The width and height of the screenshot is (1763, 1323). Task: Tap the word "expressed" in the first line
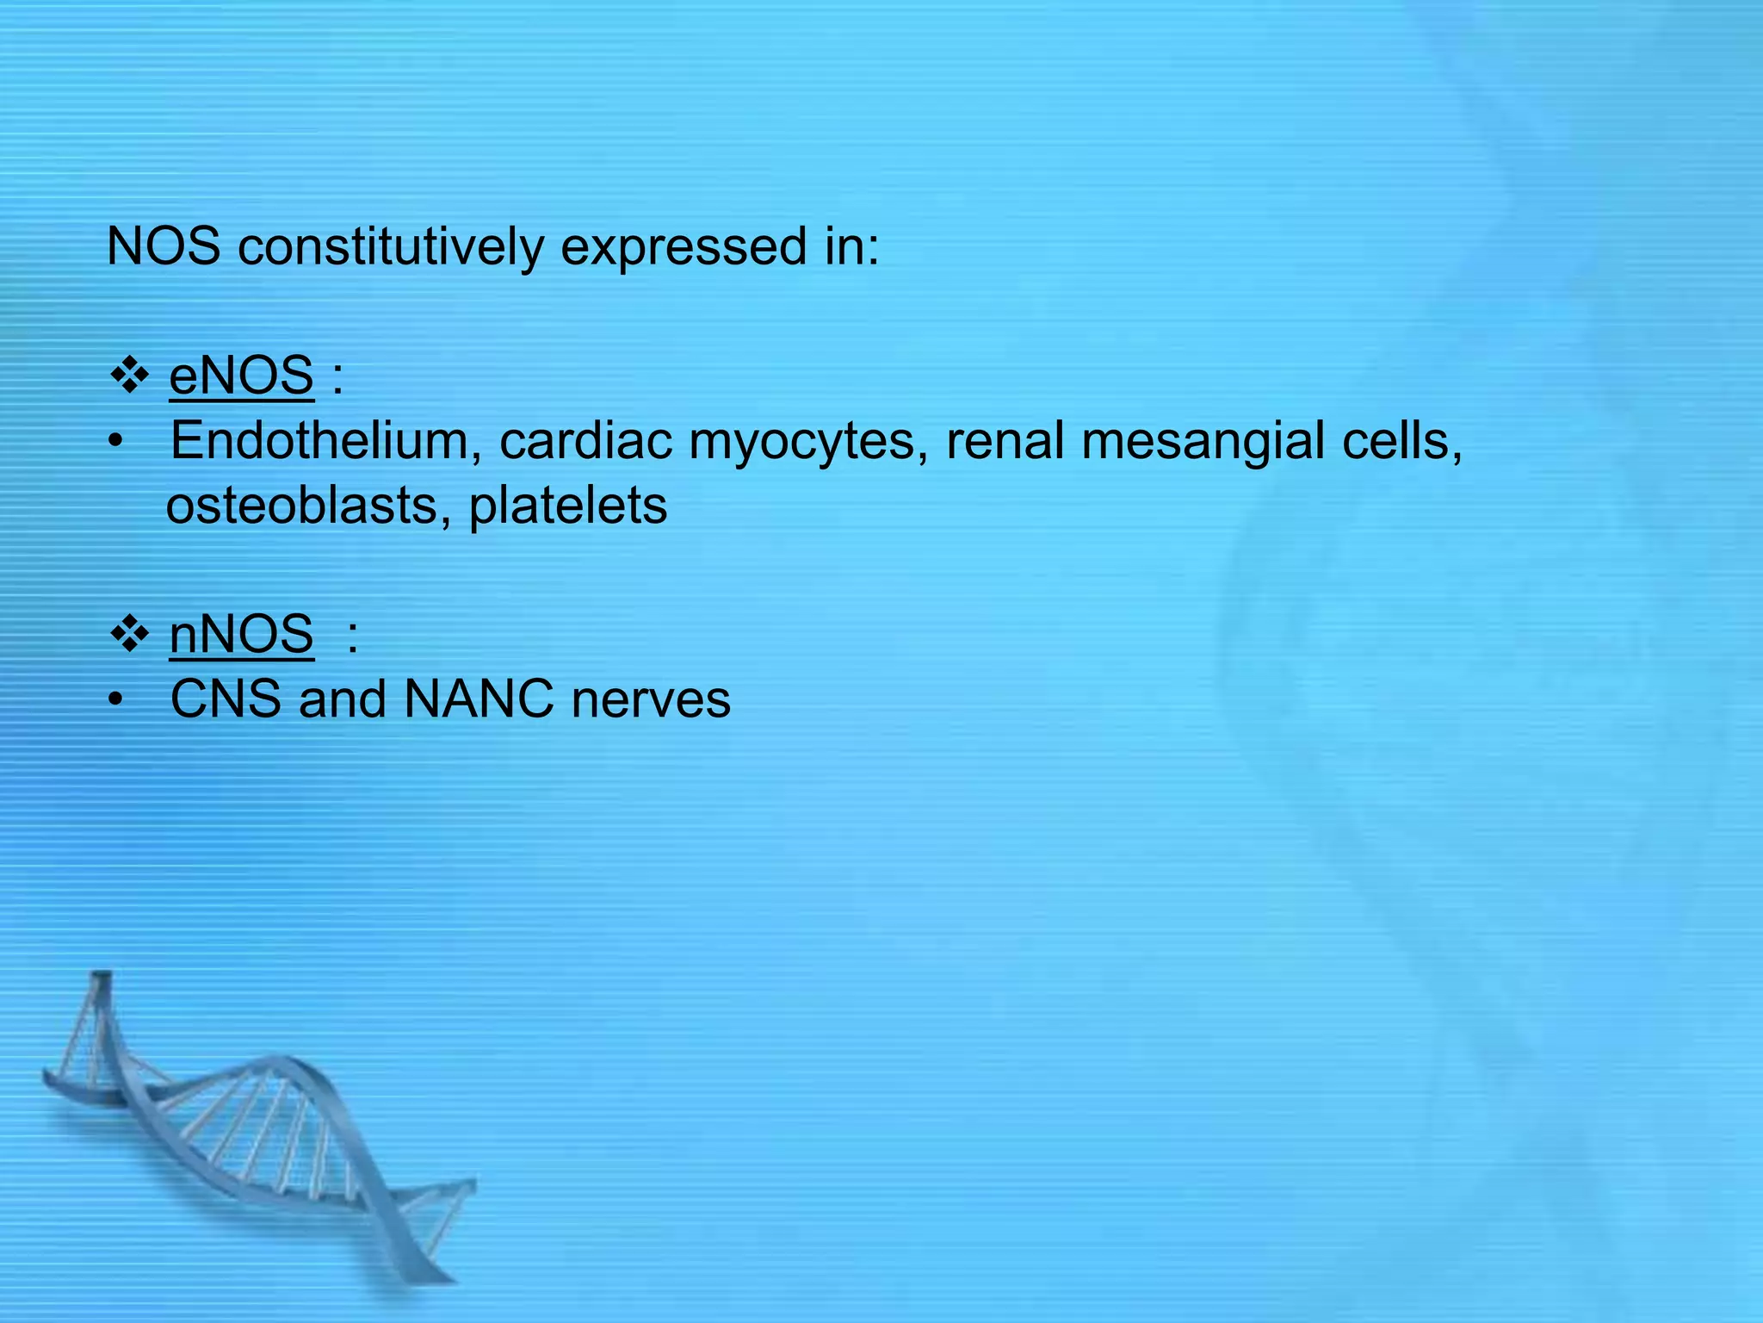pyautogui.click(x=684, y=247)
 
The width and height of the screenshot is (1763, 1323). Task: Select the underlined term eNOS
pyautogui.click(x=241, y=376)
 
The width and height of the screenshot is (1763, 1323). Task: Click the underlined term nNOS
pyautogui.click(x=241, y=635)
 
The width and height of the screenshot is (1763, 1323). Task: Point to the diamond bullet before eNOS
pyautogui.click(x=130, y=376)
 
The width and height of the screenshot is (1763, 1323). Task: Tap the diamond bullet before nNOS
pyautogui.click(x=130, y=635)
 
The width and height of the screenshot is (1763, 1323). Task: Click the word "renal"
pyautogui.click(x=1005, y=441)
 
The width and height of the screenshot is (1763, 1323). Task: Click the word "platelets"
pyautogui.click(x=567, y=506)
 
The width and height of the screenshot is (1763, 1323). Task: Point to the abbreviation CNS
pyautogui.click(x=226, y=699)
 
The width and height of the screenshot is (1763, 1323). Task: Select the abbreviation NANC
pyautogui.click(x=479, y=699)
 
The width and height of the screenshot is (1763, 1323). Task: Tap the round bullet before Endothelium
pyautogui.click(x=116, y=443)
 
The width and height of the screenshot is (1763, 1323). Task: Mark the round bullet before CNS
pyautogui.click(x=116, y=701)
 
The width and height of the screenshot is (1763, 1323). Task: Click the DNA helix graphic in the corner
pyautogui.click(x=258, y=1137)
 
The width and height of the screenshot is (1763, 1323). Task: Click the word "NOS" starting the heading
pyautogui.click(x=164, y=247)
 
